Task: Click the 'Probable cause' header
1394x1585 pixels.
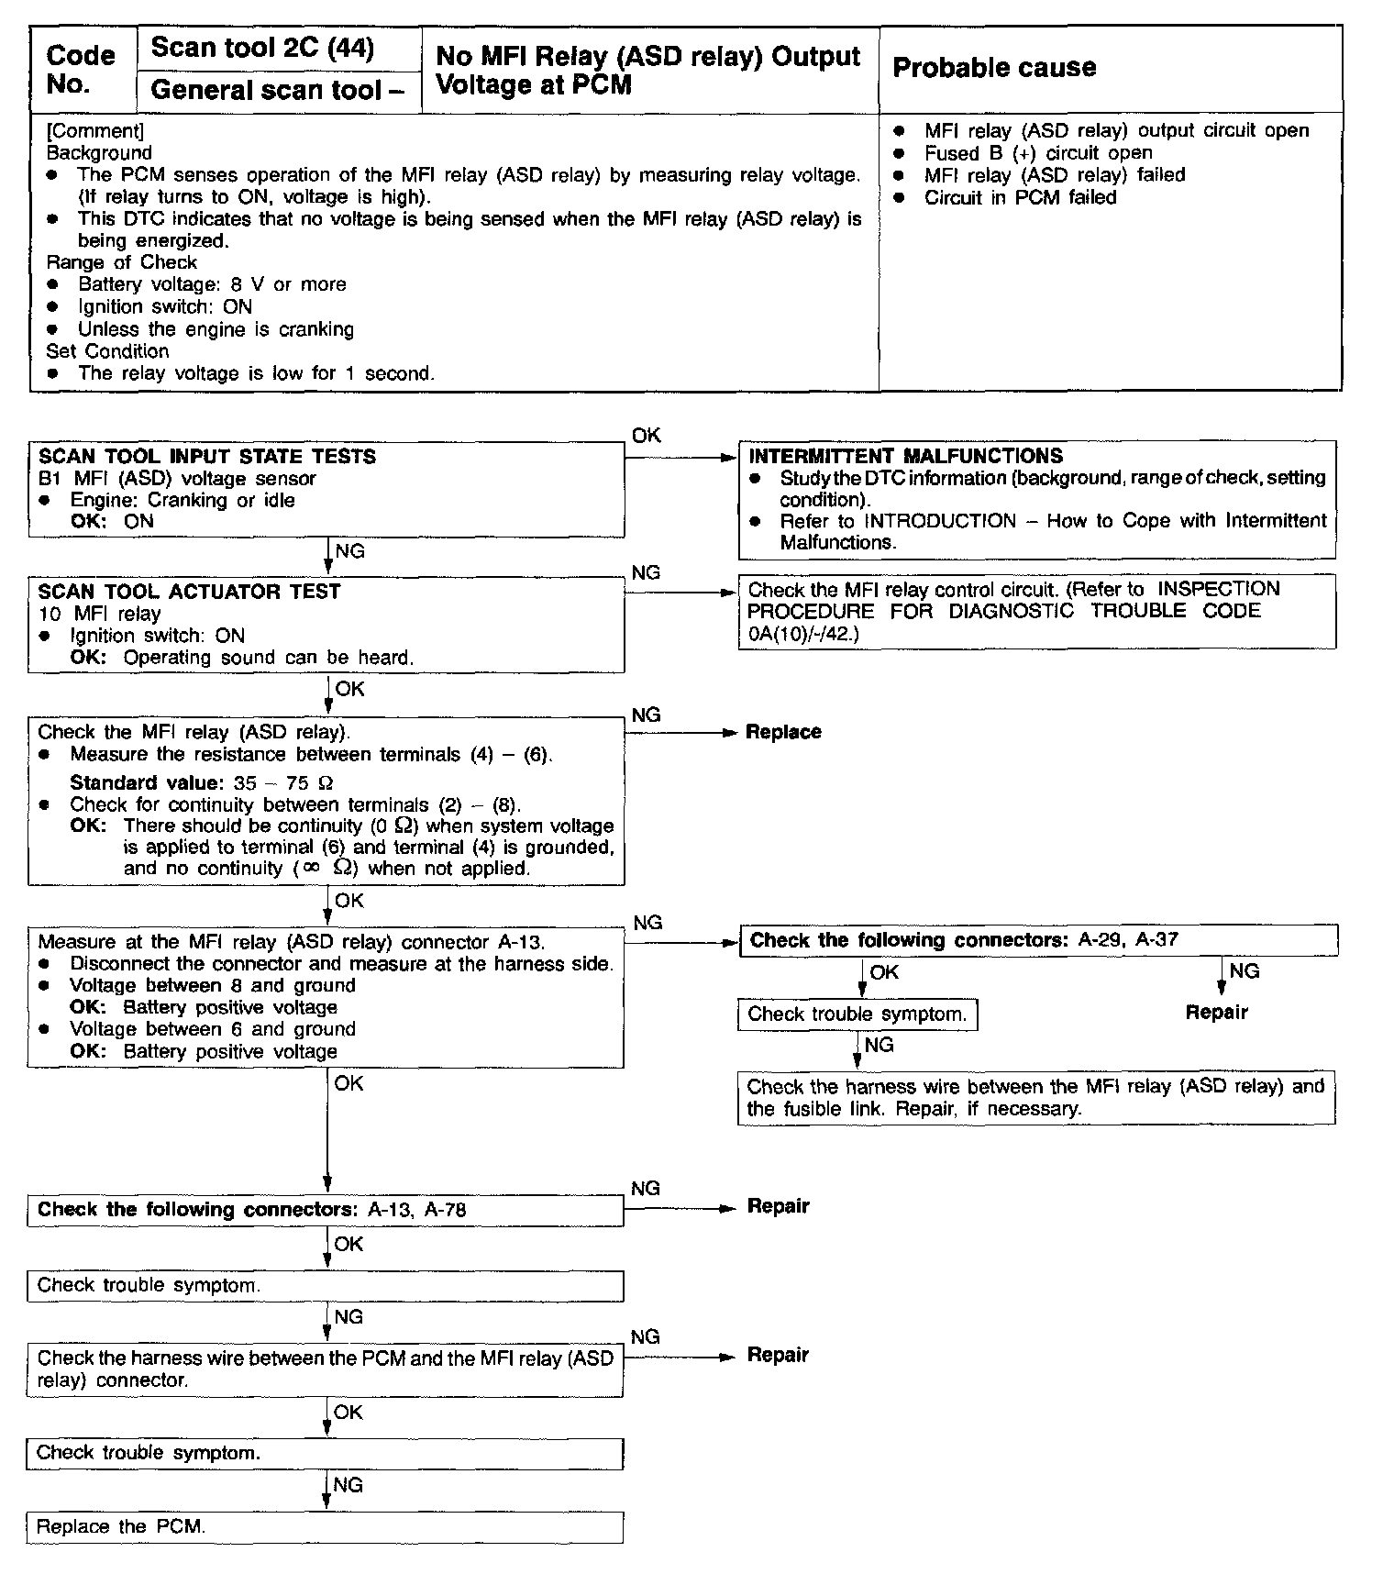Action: click(x=994, y=68)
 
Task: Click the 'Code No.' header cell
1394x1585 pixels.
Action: click(x=81, y=70)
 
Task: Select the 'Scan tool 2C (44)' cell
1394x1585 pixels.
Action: click(x=262, y=48)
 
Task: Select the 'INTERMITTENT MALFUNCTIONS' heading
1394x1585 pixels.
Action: click(x=906, y=456)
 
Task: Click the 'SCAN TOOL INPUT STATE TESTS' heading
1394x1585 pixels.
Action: click(x=207, y=457)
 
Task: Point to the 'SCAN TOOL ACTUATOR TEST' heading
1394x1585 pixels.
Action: click(x=189, y=592)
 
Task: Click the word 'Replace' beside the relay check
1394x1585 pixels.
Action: click(x=783, y=732)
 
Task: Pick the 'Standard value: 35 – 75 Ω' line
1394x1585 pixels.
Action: click(x=202, y=782)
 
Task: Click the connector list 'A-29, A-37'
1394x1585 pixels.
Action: click(x=1129, y=940)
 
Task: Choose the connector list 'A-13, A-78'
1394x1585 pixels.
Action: click(x=416, y=1210)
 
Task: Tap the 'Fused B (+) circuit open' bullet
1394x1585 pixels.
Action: click(x=1038, y=153)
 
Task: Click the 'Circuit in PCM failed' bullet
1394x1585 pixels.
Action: click(x=1020, y=197)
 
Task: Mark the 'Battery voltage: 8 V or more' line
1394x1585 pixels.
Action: click(x=212, y=284)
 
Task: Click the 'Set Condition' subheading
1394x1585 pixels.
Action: click(x=107, y=351)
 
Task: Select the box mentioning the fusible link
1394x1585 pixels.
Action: click(x=1035, y=1098)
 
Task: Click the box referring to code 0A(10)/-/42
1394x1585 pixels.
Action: click(x=1035, y=611)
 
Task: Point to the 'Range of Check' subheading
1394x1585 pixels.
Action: click(x=122, y=262)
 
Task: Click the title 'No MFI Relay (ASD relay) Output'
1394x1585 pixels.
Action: click(x=647, y=56)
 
